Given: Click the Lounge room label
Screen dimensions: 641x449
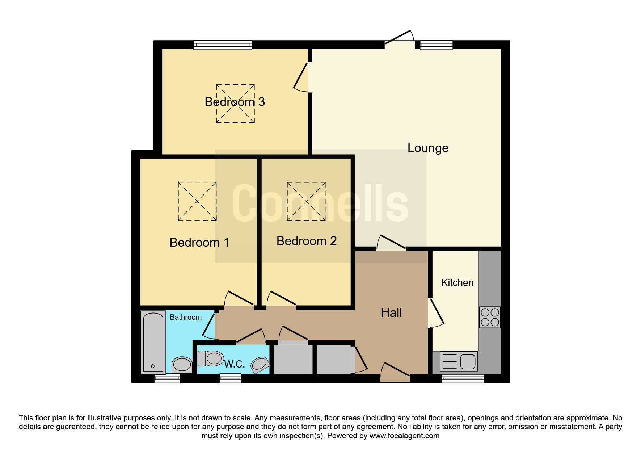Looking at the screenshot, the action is coord(428,148).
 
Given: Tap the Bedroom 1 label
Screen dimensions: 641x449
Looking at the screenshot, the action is coord(199,242).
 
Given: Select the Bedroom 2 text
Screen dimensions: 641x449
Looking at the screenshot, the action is coord(307,241).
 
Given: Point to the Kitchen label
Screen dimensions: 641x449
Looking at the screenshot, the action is coord(457,282).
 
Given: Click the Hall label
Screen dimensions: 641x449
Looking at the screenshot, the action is coord(391,312).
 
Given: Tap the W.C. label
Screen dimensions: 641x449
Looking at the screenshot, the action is coord(235,364).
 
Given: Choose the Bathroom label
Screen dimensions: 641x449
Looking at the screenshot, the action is coord(186,317).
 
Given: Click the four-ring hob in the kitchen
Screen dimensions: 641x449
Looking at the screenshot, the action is coord(490,317).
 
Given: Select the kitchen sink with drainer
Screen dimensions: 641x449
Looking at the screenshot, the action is coord(459,361).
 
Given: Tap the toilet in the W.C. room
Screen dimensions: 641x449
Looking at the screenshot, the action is coord(211,358).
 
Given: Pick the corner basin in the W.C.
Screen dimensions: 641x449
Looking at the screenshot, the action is coord(260,365).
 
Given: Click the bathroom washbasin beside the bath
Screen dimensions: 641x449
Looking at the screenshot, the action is coord(182,365).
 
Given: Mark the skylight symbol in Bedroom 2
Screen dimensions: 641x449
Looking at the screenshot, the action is coord(306,201).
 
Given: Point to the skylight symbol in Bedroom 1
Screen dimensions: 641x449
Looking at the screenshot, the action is coord(197,201).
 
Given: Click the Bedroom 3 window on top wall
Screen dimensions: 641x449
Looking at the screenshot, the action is coord(223,45).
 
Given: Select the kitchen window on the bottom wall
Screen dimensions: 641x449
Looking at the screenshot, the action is coord(463,379).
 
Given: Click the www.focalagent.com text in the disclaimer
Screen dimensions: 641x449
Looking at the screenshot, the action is coord(404,436).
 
